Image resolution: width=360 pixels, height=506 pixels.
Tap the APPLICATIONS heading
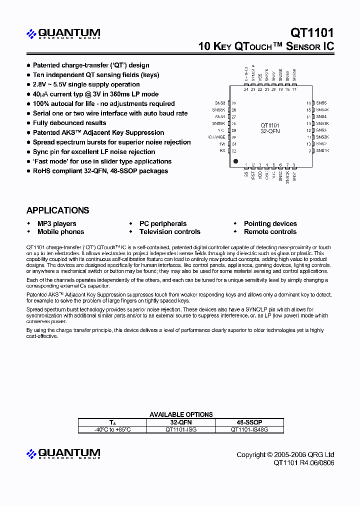[x=57, y=210]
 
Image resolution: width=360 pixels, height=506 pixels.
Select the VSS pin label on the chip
[x=260, y=78]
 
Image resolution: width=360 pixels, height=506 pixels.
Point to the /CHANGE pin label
[x=216, y=137]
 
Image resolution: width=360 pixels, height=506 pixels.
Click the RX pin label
[x=222, y=150]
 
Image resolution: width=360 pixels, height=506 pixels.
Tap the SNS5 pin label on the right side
[x=321, y=102]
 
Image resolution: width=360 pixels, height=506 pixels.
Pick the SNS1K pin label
[x=322, y=150]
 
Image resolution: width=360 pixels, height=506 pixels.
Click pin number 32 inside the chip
[x=234, y=150]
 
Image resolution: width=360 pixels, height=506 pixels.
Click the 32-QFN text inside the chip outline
[x=270, y=131]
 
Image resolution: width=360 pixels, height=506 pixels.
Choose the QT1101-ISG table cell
[x=180, y=429]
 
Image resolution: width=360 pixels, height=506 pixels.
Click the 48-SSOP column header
[x=249, y=422]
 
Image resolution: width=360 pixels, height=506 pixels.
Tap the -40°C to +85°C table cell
[x=112, y=429]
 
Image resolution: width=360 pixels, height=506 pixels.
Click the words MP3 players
[x=57, y=223]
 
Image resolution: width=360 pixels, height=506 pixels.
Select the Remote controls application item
[x=270, y=231]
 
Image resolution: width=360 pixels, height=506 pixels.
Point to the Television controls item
[x=169, y=231]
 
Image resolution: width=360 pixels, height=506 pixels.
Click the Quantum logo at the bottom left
[x=63, y=454]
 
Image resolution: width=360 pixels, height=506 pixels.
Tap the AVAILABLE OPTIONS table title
[x=181, y=414]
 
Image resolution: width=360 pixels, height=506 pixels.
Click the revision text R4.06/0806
[x=317, y=463]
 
